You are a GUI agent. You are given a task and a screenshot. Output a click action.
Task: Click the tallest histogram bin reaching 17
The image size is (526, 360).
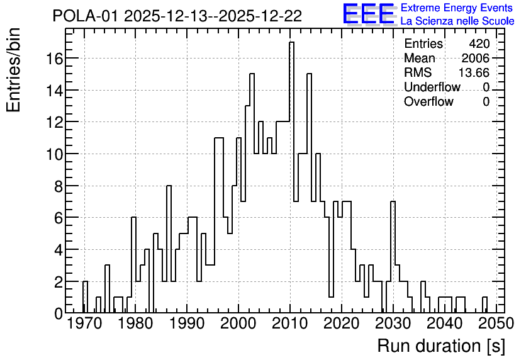pos(291,177)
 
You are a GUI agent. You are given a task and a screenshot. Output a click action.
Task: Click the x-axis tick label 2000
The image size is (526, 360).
pos(238,323)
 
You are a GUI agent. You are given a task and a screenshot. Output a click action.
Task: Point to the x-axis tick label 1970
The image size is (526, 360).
pos(84,323)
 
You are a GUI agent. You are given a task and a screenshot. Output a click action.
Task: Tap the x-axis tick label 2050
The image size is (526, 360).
pos(496,323)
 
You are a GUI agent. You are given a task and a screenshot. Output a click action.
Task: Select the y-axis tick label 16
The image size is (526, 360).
pos(54,59)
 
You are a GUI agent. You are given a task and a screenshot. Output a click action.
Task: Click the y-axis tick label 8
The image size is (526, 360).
pos(59,186)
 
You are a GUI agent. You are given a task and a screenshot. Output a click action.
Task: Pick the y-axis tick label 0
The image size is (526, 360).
pos(59,313)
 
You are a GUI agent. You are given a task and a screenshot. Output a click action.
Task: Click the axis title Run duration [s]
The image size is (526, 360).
pos(441,346)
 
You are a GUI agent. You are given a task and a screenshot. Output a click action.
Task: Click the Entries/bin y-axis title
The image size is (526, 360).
pos(13,70)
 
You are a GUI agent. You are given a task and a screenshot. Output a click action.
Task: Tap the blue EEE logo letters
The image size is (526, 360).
pos(369,14)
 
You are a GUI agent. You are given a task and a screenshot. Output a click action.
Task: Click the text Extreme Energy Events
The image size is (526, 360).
pos(457,8)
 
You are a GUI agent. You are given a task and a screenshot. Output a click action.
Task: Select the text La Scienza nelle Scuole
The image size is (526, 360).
pos(457,21)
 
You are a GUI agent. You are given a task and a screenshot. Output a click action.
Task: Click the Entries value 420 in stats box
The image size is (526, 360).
pos(479,43)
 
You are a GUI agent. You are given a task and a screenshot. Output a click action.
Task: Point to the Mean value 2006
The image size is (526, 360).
pos(475,58)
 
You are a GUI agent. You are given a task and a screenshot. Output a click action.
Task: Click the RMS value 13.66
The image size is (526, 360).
pos(474,72)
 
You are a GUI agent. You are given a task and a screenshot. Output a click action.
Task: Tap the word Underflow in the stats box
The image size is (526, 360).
pos(432,87)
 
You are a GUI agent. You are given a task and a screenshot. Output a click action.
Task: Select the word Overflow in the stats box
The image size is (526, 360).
pos(428,101)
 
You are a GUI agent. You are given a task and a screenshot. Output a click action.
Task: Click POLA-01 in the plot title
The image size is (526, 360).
pos(86,16)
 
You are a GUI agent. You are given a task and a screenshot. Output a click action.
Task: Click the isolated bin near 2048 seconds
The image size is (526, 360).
pos(484,305)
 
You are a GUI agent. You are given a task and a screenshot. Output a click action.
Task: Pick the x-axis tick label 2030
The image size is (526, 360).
pos(393,323)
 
